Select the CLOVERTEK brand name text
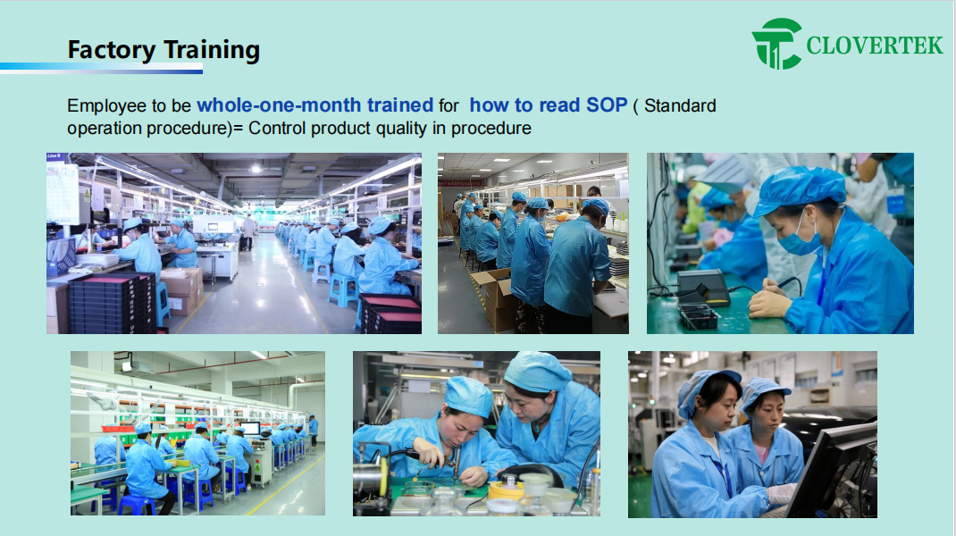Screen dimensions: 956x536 click(x=875, y=46)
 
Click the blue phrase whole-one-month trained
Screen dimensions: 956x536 click(x=314, y=105)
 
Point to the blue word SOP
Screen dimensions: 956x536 click(x=606, y=105)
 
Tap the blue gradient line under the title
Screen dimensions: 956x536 click(x=101, y=68)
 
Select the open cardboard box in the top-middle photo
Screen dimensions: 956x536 click(x=495, y=297)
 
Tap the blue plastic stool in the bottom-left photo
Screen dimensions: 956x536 click(x=137, y=506)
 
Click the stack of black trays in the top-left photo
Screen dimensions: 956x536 click(x=113, y=304)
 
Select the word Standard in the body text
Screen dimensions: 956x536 click(x=680, y=106)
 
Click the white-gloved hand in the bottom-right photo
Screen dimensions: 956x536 click(x=781, y=493)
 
